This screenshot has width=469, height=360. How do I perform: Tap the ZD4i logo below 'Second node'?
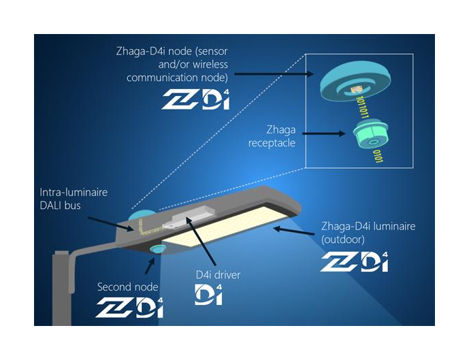point(129,308)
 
